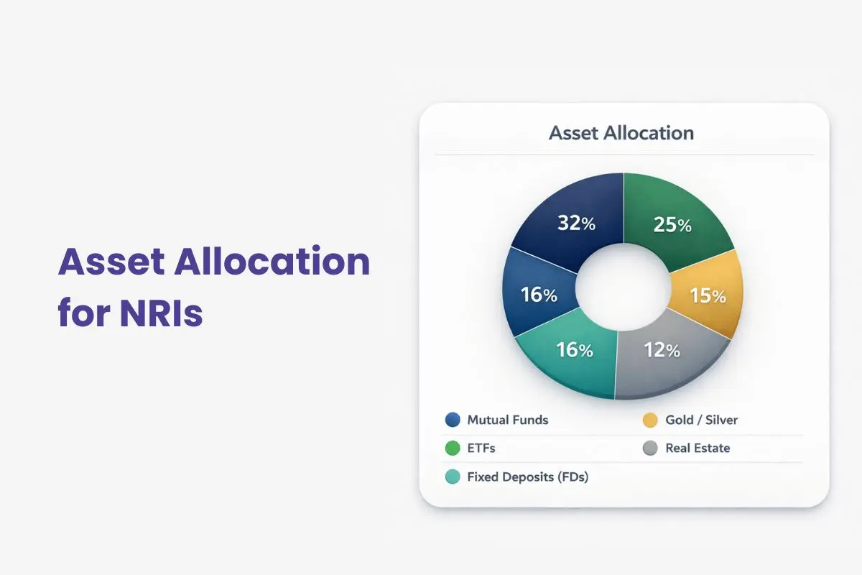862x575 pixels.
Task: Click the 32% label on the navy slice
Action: [x=577, y=224]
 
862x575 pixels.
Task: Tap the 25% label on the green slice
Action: [x=673, y=225]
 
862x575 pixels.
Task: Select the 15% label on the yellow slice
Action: [x=708, y=295]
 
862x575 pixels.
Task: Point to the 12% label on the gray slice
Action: [x=662, y=351]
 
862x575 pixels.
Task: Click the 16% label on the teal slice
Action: [x=575, y=351]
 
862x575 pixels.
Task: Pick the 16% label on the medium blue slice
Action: [x=539, y=295]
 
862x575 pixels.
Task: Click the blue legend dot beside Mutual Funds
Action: [x=453, y=420]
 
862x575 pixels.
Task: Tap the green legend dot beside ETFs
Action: [x=453, y=448]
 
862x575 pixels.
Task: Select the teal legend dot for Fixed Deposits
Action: [x=453, y=477]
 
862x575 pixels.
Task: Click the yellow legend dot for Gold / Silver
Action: [x=650, y=420]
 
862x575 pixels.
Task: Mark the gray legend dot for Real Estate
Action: [x=650, y=448]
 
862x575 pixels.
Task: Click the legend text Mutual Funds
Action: [x=507, y=420]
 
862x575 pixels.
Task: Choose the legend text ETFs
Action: [x=481, y=448]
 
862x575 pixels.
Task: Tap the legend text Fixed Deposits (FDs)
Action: [x=527, y=477]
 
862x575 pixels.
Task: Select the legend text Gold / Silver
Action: [x=701, y=420]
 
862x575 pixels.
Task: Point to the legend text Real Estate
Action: [x=698, y=448]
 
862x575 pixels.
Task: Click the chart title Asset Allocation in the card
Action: [x=621, y=133]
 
